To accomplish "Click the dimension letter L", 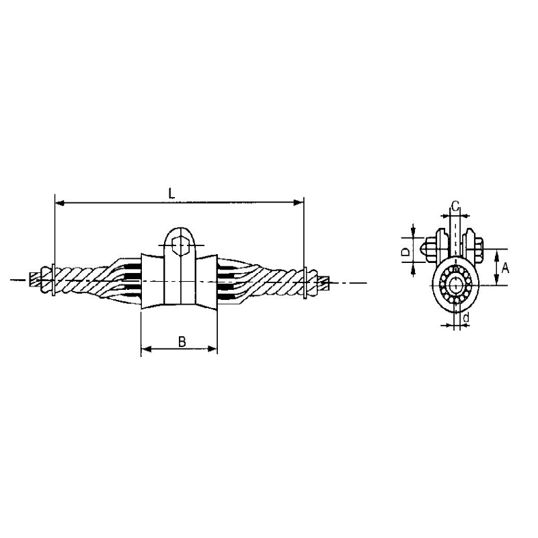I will (x=172, y=193).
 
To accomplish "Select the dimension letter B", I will (x=182, y=341).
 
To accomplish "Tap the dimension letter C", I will (x=455, y=205).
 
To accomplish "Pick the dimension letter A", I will (x=506, y=268).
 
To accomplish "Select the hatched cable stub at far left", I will (x=36, y=278).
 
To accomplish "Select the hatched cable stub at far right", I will (x=323, y=282).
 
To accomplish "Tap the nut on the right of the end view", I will (x=479, y=247).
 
